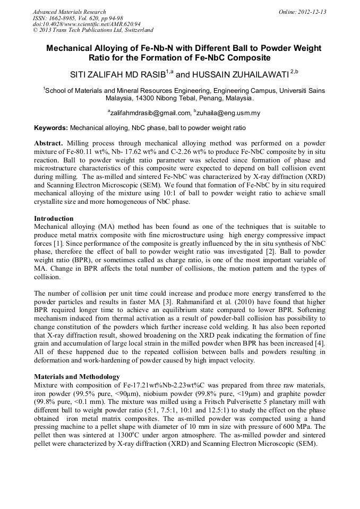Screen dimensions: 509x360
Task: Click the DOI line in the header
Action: click(87, 24)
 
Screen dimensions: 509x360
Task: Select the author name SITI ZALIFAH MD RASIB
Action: click(114, 72)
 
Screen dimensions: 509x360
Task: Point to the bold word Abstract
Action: click(48, 144)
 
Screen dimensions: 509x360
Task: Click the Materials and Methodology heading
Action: click(76, 376)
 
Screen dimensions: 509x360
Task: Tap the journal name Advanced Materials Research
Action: click(69, 12)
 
